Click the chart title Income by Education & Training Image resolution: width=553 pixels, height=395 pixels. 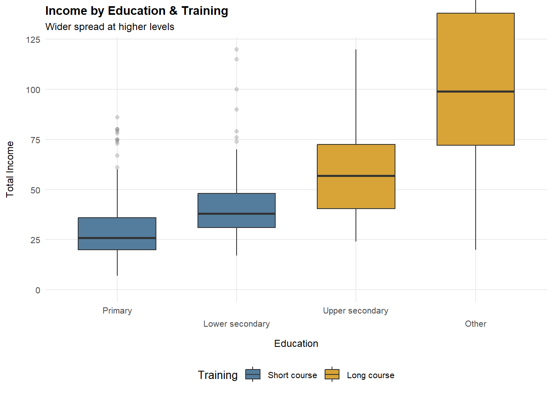137,11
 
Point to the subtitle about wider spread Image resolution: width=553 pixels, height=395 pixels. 110,27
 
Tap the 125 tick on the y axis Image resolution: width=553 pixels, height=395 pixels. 33,40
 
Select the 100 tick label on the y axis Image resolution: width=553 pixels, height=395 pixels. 33,90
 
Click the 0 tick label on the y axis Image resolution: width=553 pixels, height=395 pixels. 38,290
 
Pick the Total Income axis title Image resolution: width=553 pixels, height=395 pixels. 10,169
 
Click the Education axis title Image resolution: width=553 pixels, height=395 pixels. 296,344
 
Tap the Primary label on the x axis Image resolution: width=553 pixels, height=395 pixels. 117,311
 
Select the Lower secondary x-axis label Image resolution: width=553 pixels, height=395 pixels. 237,324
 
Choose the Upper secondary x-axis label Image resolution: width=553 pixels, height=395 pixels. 355,311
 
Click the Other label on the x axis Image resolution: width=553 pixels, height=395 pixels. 476,324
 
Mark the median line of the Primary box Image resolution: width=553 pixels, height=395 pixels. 117,238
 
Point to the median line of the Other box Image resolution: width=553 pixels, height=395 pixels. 476,91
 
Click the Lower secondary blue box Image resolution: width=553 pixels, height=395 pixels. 237,203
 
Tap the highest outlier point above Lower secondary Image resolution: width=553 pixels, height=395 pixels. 237,49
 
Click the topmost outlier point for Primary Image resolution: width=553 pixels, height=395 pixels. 117,117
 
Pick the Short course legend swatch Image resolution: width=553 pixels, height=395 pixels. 253,374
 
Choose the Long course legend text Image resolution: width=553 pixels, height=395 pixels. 370,375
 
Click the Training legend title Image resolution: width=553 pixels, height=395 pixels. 218,375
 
